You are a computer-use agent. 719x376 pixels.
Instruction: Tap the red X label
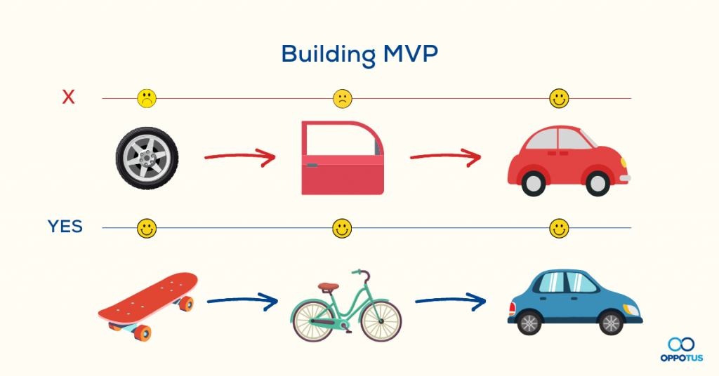68,98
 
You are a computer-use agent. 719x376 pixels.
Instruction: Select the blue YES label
65,227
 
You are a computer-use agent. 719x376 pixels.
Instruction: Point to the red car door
342,158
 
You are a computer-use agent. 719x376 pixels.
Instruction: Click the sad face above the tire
147,98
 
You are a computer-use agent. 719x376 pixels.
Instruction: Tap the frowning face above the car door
342,98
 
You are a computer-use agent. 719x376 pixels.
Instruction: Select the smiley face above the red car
559,98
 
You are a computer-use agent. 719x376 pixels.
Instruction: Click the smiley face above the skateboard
147,228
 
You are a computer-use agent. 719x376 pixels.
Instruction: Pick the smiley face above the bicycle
342,228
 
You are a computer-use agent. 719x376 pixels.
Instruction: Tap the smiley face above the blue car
559,228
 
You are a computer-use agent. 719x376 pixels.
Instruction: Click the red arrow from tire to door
239,157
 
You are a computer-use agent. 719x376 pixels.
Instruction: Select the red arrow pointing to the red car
446,157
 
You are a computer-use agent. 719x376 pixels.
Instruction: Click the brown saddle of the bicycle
327,286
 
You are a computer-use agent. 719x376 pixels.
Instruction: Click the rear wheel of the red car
533,184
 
